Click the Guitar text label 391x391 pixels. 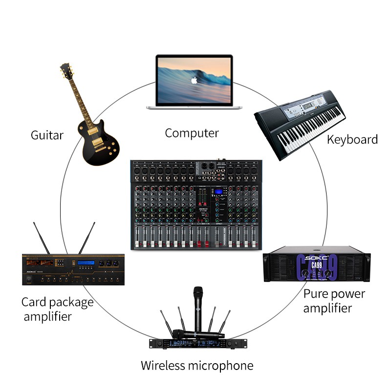pos(47,135)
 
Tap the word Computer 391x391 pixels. pos(192,132)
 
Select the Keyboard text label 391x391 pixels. pos(352,139)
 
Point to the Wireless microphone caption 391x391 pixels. pos(197,365)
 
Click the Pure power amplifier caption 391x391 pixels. pos(334,301)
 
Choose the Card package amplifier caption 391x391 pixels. pos(57,309)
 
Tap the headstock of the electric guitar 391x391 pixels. pos(66,71)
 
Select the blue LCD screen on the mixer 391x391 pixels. pos(217,194)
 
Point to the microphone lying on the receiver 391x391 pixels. pos(198,334)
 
